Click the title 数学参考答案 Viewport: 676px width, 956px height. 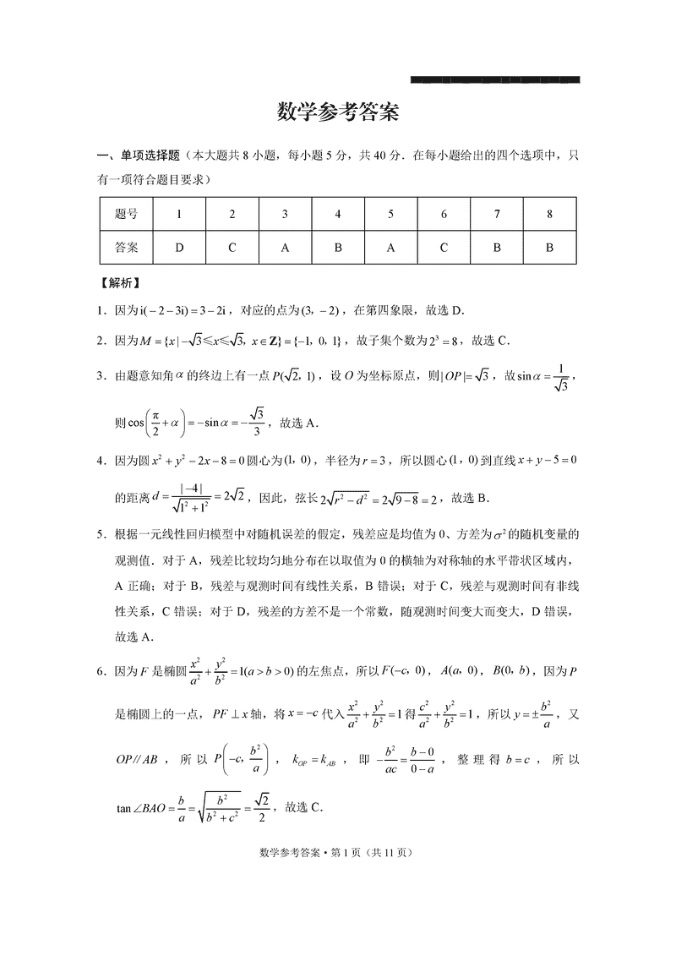point(337,112)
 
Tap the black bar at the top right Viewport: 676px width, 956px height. point(494,79)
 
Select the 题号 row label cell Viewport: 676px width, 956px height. point(126,214)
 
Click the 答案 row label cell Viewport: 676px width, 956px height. point(126,249)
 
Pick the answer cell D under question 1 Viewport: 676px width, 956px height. point(179,249)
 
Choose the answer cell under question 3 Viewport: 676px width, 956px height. point(285,249)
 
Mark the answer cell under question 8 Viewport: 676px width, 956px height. point(549,249)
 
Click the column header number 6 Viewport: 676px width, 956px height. point(444,214)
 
